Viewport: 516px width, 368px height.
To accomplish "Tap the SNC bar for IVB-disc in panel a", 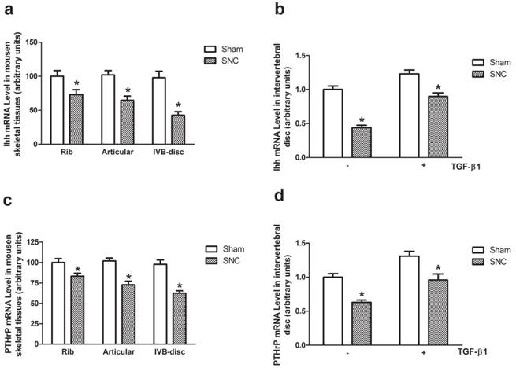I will (x=178, y=129).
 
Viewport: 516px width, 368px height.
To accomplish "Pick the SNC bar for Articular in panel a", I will (x=126, y=122).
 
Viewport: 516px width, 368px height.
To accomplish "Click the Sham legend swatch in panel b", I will (x=479, y=61).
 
